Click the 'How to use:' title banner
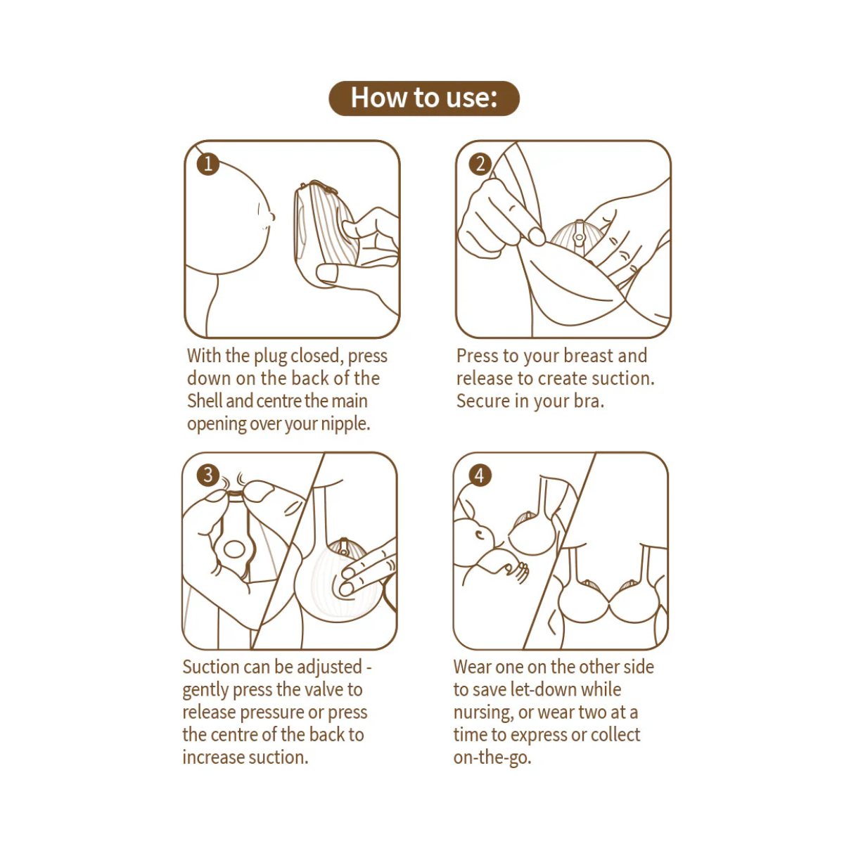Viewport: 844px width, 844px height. point(423,98)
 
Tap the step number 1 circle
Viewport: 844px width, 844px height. point(207,165)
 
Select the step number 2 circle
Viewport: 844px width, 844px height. point(480,165)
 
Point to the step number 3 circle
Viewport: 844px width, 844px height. point(207,475)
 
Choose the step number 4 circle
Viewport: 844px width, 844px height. point(480,475)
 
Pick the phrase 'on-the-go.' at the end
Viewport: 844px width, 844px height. point(492,757)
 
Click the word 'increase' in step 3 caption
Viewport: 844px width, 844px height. point(211,757)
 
